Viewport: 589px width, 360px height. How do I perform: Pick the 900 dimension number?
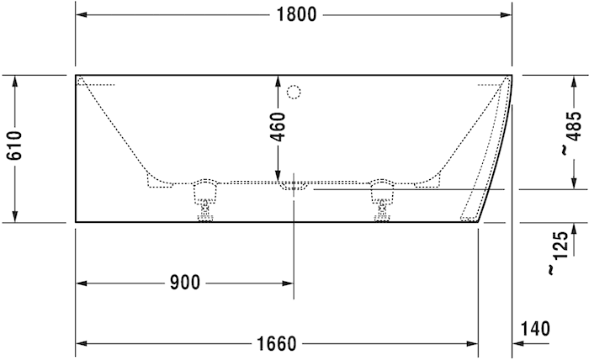click(184, 283)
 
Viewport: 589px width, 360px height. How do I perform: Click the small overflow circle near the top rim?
click(294, 91)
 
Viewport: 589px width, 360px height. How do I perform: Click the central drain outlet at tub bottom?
click(294, 185)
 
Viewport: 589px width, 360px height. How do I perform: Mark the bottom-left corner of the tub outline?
click(76, 222)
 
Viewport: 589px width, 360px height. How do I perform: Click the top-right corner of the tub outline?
click(512, 75)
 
